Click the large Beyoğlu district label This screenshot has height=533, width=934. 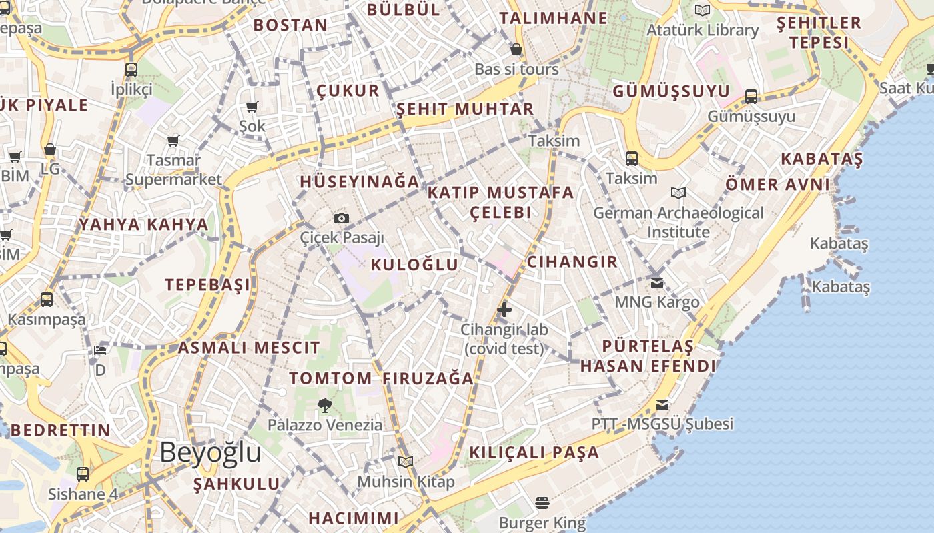click(210, 452)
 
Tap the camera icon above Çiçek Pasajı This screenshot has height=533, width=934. click(342, 218)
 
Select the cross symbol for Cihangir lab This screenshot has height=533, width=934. click(504, 309)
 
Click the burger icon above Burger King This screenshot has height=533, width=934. click(542, 502)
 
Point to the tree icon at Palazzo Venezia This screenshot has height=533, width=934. click(325, 404)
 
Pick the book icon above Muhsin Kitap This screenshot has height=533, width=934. click(406, 461)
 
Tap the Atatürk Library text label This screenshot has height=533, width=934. click(703, 30)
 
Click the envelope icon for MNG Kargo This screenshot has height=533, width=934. click(657, 282)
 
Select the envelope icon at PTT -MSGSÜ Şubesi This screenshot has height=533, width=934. click(662, 404)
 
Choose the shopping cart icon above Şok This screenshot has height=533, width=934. click(252, 107)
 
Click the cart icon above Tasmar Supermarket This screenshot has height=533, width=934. click(173, 141)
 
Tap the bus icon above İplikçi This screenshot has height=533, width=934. click(131, 69)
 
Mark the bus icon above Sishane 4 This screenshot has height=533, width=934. click(83, 474)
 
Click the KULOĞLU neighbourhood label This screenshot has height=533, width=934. click(414, 265)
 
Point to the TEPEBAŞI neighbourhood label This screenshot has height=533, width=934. click(207, 285)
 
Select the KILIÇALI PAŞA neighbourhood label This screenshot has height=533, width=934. click(534, 452)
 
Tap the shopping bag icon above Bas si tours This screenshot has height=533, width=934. click(516, 49)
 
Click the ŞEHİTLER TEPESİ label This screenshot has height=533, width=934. click(819, 33)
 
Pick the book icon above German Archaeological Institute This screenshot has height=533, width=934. click(678, 193)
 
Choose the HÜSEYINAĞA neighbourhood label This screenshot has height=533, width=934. click(360, 181)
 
